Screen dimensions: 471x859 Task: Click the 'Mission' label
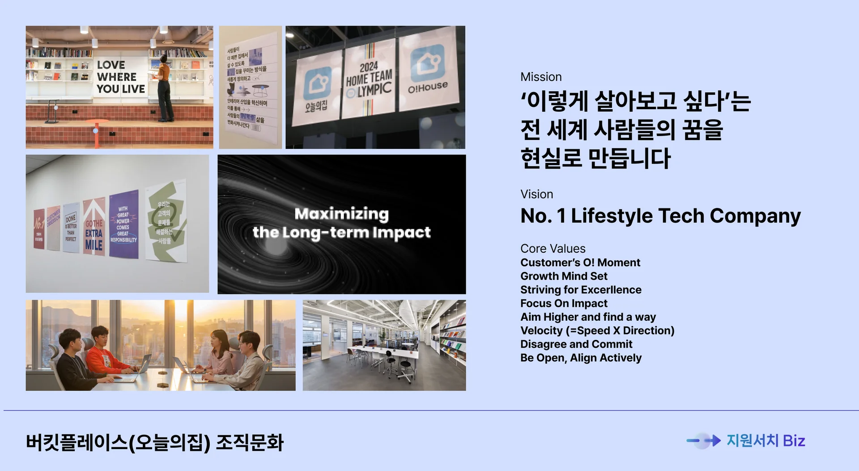click(x=541, y=77)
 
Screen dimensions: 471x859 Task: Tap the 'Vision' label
click(x=536, y=194)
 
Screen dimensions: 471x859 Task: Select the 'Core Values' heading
click(x=553, y=249)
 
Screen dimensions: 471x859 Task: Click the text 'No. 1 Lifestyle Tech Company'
click(x=660, y=216)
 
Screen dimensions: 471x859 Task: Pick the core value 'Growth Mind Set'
click(x=564, y=276)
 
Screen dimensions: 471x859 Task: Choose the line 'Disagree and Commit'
click(x=576, y=344)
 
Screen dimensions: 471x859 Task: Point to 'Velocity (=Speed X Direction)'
click(x=597, y=331)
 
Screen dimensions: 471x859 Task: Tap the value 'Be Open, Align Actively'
click(x=581, y=358)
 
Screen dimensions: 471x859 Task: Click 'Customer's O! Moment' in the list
click(x=580, y=263)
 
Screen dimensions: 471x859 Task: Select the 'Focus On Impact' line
click(x=564, y=303)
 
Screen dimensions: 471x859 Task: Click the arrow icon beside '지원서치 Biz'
click(x=704, y=441)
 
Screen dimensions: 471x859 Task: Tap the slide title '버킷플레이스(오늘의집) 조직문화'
click(x=155, y=442)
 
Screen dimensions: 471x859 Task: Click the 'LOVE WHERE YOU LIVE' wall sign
click(x=121, y=77)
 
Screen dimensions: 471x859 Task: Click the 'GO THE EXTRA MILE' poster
click(x=94, y=228)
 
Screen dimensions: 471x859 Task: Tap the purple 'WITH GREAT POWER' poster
click(x=123, y=224)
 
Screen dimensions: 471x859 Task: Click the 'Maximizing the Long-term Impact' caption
click(x=341, y=223)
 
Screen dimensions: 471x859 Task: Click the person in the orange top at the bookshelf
click(x=164, y=87)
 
